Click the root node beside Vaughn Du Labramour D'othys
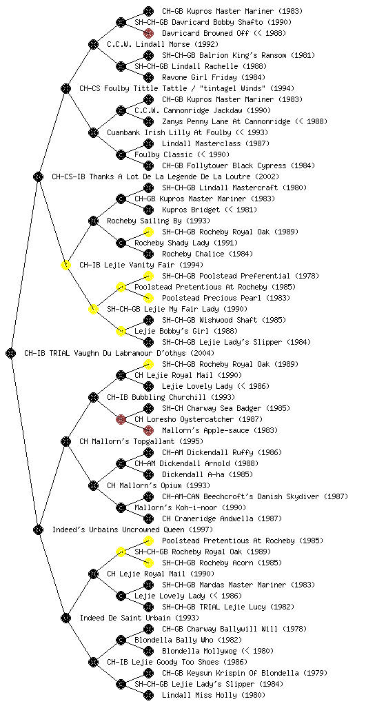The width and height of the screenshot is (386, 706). tap(11, 353)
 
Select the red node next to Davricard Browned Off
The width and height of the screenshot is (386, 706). tap(148, 33)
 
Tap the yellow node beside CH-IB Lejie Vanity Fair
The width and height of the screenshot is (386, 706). tap(65, 265)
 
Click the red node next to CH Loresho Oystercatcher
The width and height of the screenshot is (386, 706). tap(121, 419)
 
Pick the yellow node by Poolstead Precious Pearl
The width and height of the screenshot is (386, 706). tap(148, 298)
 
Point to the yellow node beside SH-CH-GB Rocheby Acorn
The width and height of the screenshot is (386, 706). tap(148, 563)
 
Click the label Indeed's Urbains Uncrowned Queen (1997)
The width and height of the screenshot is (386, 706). tap(133, 529)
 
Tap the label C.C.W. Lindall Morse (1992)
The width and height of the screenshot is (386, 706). tap(163, 44)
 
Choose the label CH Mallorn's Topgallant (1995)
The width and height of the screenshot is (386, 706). tap(141, 441)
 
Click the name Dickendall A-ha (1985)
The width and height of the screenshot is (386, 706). tap(207, 474)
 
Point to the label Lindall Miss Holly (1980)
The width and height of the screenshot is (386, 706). tap(214, 695)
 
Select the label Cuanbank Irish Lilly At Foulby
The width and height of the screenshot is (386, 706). tap(169, 132)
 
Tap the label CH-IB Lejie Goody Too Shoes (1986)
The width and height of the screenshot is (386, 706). tap(177, 662)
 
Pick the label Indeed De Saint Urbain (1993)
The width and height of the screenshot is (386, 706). tap(139, 618)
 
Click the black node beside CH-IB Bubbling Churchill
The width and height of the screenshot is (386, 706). tap(93, 397)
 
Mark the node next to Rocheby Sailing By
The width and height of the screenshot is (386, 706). tap(93, 221)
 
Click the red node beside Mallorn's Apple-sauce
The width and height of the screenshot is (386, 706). tap(148, 430)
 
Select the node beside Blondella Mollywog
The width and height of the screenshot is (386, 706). tap(148, 651)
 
